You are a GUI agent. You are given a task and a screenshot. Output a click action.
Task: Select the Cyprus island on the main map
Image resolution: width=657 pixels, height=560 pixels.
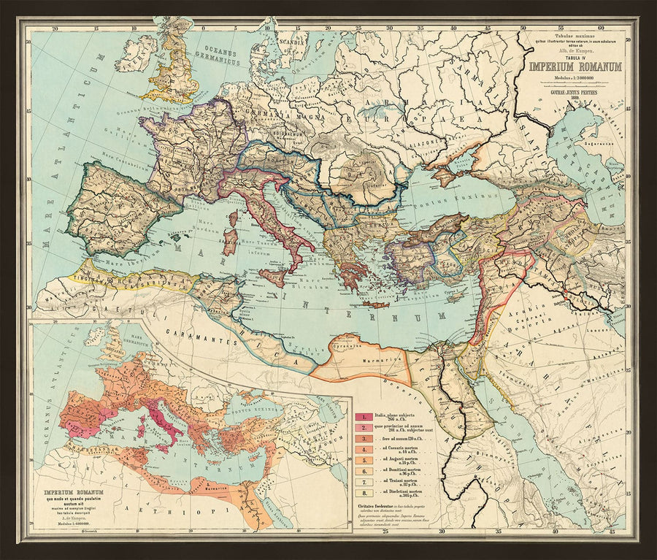(454, 295)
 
